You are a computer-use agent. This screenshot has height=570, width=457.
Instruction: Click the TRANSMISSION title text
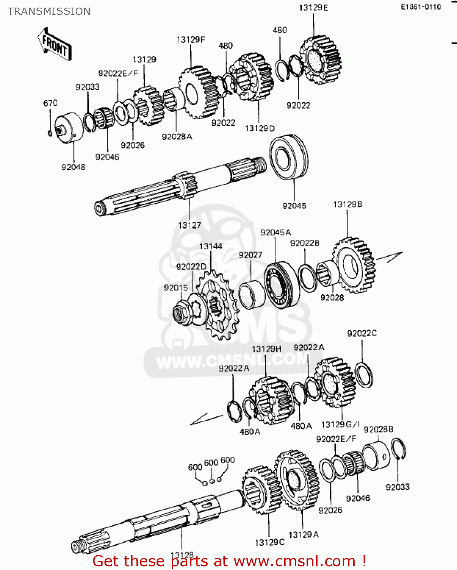49,11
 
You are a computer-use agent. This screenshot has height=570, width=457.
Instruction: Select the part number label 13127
189,225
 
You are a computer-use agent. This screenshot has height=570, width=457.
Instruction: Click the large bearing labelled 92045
288,156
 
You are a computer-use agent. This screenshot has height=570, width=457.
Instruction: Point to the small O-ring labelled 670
50,133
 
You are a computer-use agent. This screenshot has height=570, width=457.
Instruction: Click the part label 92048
73,167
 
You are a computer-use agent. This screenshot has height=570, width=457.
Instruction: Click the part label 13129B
347,204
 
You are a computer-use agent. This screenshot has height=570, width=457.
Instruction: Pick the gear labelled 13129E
320,60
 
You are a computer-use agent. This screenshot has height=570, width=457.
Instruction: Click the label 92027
250,255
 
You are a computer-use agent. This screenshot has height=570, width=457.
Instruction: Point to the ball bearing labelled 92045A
281,285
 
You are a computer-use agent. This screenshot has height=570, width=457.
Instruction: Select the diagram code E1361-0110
421,7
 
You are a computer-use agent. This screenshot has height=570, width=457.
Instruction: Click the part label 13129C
269,542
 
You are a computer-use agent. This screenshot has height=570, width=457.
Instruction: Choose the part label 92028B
378,429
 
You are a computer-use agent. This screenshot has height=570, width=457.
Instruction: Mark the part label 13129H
266,349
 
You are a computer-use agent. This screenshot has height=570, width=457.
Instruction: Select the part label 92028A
177,137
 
